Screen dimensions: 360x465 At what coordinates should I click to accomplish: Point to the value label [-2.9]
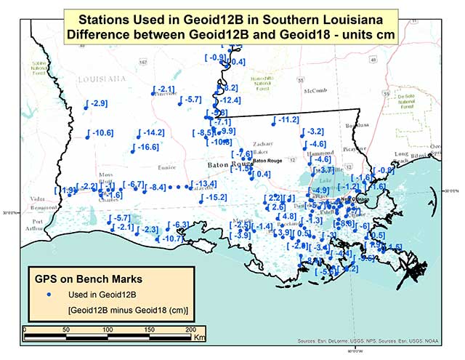point(97,103)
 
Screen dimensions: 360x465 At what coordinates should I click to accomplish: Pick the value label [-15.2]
point(213,197)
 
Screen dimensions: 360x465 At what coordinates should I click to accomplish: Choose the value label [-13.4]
point(203,184)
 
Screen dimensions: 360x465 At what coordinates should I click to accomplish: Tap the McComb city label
point(317,91)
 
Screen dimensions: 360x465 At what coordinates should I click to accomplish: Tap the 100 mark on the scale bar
point(108,330)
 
